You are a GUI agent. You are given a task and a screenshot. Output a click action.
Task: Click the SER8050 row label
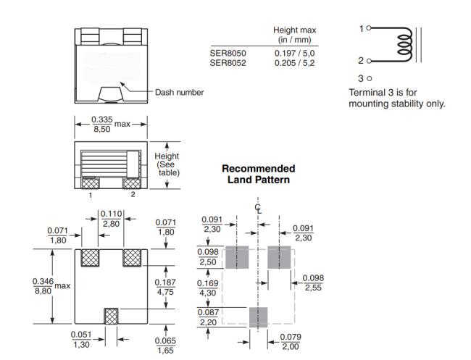pos(228,53)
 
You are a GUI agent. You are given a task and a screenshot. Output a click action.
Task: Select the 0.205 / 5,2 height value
pos(295,62)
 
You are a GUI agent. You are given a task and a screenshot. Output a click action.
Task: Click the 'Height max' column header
pos(295,34)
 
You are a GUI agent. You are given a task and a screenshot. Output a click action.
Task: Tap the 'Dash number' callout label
pos(180,92)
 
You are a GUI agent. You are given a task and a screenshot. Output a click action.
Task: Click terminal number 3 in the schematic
pos(361,78)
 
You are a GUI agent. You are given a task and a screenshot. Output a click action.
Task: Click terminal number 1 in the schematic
pos(361,28)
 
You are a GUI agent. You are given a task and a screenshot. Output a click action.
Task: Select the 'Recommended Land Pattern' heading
pos(258,173)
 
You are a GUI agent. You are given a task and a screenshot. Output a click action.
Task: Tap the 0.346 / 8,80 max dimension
pos(51,286)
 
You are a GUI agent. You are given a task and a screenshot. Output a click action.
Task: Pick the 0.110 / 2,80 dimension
pos(111,218)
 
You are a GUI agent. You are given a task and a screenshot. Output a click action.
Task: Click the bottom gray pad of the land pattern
pos(258,317)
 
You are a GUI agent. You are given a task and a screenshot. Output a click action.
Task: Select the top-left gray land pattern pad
pos(237,256)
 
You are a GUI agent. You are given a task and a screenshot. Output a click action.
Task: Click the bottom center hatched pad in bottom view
pos(111,316)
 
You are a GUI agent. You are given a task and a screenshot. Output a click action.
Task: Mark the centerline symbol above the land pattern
pos(258,209)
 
